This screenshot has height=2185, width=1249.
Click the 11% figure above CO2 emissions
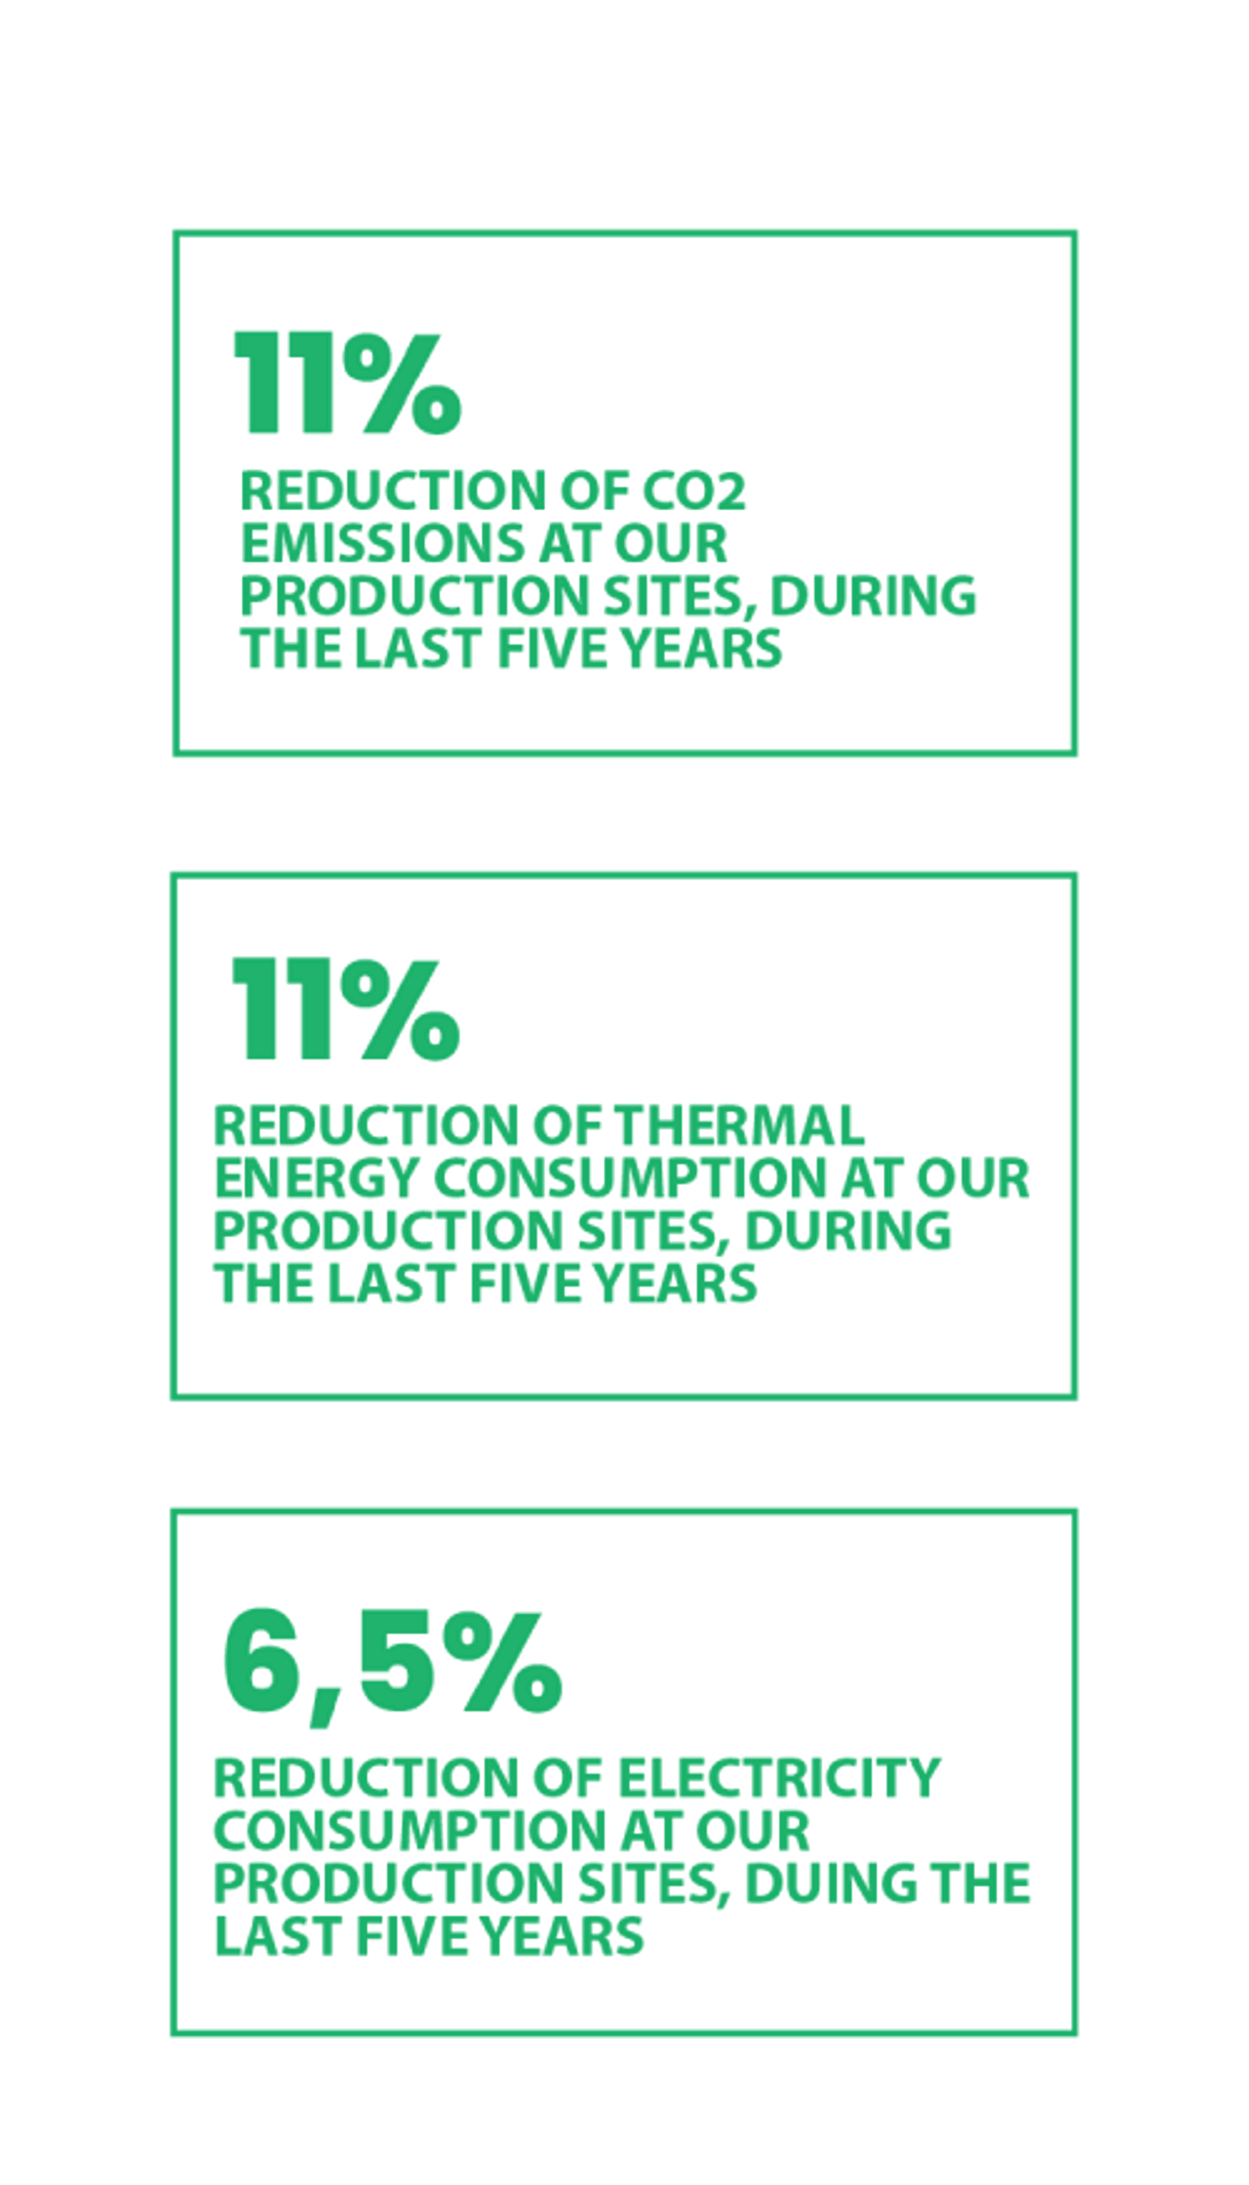[x=348, y=383]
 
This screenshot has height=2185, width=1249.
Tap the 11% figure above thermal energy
[x=346, y=1008]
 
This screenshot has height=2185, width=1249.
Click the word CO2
[x=694, y=491]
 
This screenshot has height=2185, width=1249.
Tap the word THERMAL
[x=739, y=1125]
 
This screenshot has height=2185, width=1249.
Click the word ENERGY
[x=317, y=1179]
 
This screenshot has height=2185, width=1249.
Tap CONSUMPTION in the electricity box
[x=410, y=1830]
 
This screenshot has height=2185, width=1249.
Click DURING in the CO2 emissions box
[x=873, y=596]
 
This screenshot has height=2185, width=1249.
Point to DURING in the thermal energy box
[x=847, y=1231]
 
